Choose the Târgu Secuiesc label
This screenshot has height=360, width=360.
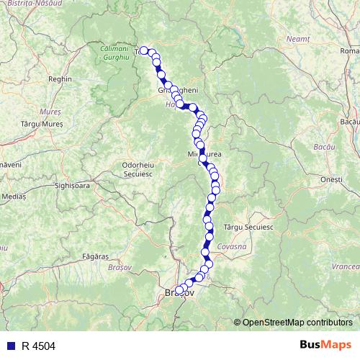tap(248, 226)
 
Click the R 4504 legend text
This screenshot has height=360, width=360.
tap(38, 346)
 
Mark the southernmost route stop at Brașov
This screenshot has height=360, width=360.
tap(179, 291)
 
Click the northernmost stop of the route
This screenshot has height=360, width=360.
tap(143, 50)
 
